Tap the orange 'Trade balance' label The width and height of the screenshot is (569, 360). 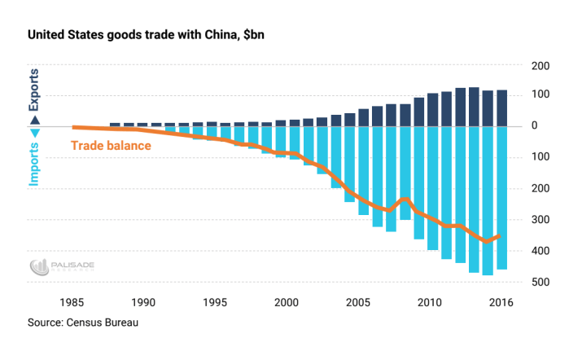[x=111, y=147]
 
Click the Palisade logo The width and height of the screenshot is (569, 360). [x=57, y=266]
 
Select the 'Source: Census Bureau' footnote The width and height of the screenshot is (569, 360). [x=83, y=323]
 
